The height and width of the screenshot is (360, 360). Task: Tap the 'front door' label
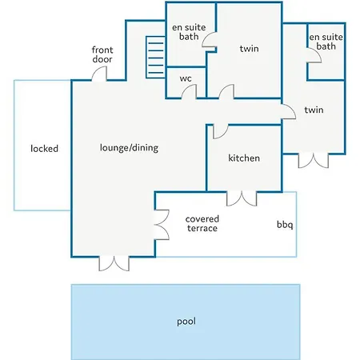(x=102, y=54)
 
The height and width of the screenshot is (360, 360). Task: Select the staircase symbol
(x=155, y=58)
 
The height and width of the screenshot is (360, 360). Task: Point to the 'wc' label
(x=186, y=78)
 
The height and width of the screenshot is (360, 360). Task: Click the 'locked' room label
(x=44, y=148)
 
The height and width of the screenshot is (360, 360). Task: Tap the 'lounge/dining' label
(x=129, y=147)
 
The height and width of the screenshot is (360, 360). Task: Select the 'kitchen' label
(x=244, y=158)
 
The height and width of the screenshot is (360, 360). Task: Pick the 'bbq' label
(x=285, y=225)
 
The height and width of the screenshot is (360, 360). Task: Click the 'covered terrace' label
(x=202, y=223)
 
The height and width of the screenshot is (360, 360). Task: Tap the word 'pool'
(x=186, y=322)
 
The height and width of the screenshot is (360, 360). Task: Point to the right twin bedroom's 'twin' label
(x=314, y=110)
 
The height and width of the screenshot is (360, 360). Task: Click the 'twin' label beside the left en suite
(x=249, y=49)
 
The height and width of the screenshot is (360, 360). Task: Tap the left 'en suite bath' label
(x=189, y=32)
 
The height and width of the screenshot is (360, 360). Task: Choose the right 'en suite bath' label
(x=326, y=42)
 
